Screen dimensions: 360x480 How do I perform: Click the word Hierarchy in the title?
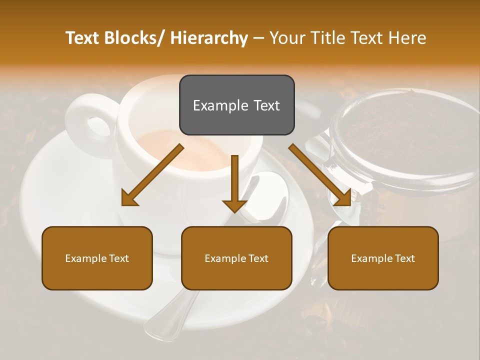coord(209,38)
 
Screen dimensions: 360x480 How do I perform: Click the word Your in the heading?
coord(287,38)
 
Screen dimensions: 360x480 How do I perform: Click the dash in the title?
coord(258,38)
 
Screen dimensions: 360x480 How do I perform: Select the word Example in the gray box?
coord(214,105)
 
